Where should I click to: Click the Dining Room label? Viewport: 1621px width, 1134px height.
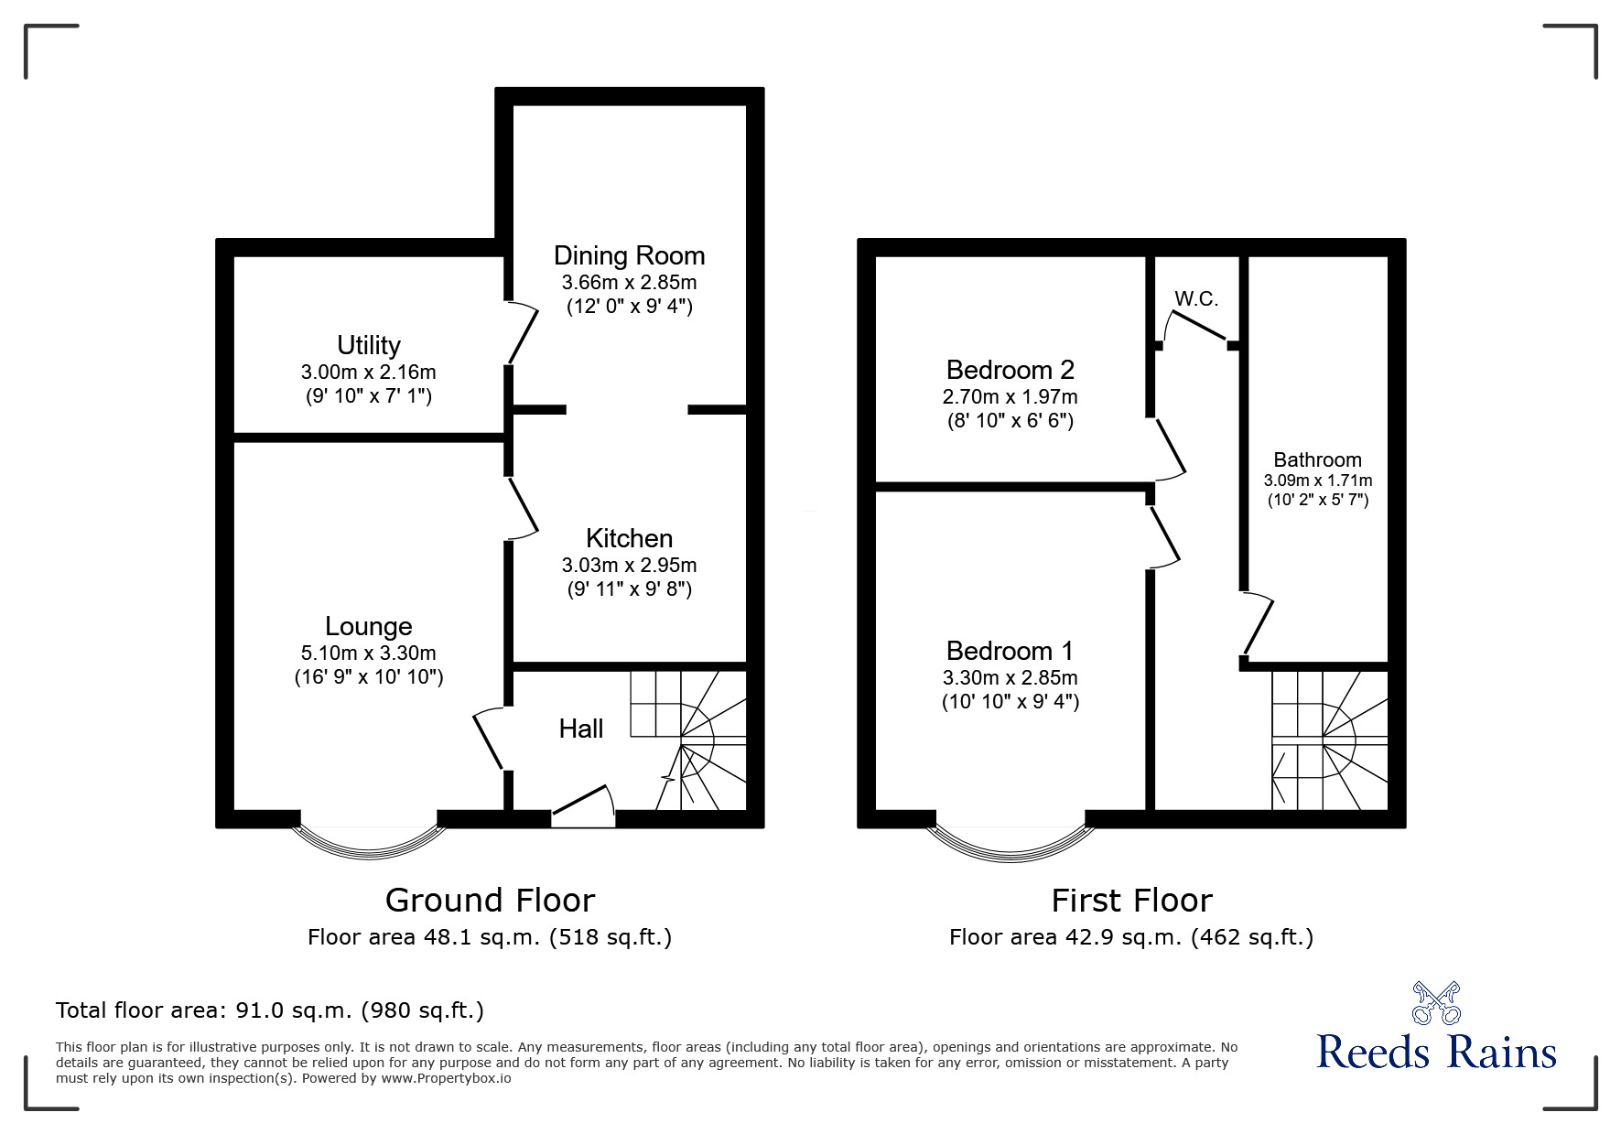629,255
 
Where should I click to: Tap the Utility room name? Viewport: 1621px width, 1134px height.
368,345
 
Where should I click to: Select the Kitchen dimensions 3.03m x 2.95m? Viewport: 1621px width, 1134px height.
629,565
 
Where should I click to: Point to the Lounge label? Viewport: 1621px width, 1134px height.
368,626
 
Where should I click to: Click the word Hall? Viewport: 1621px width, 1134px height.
581,729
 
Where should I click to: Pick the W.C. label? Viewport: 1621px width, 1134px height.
1196,299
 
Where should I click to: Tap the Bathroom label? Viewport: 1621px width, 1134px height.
1317,459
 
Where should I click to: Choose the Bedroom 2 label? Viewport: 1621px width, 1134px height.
1010,370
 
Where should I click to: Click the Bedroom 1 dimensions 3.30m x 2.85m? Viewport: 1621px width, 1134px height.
1010,678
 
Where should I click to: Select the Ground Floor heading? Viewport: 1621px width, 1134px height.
490,901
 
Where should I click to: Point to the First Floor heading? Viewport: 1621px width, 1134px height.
1131,901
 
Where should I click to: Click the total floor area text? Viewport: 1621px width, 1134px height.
270,1010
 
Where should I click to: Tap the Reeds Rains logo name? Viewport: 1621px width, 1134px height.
1436,1052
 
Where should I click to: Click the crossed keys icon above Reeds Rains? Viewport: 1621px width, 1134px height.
1436,1002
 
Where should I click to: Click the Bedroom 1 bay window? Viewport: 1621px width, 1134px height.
1010,842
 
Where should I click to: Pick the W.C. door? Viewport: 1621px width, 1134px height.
1196,328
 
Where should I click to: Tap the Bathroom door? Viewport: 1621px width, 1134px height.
1258,626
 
